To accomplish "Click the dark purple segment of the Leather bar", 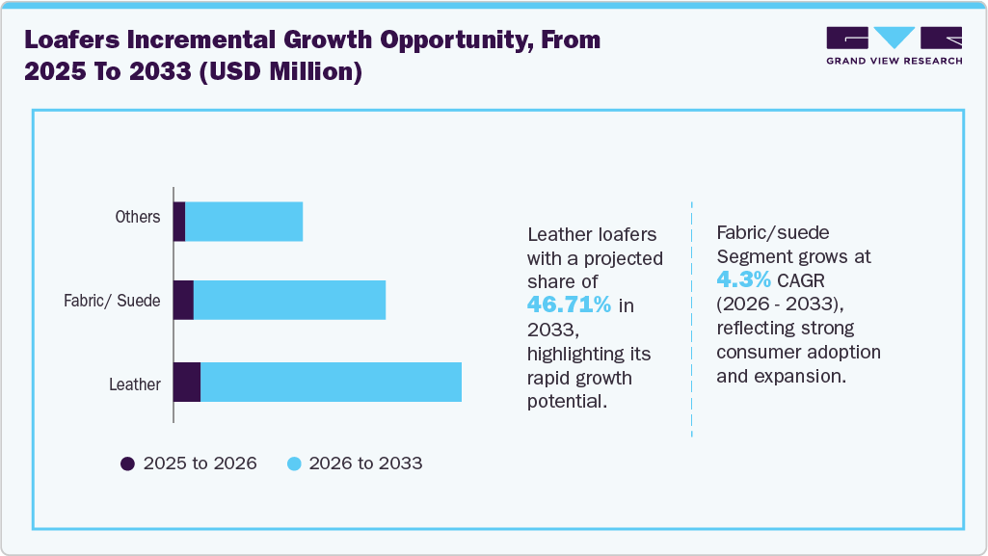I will [187, 384].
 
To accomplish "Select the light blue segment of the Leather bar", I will [331, 384].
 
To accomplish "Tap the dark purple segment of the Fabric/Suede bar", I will [183, 301].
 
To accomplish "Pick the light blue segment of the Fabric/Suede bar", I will [289, 301].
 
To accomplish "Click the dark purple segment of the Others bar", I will [179, 222].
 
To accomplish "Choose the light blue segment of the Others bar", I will [244, 222].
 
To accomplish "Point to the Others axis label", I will [138, 217].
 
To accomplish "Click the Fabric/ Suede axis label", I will [112, 301].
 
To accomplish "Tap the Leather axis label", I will [135, 384].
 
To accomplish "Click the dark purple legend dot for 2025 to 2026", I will [127, 463].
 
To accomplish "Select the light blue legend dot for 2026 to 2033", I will [295, 463].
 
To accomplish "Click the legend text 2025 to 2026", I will [200, 463].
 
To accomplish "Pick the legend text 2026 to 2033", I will [366, 463].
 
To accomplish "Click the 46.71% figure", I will [569, 304].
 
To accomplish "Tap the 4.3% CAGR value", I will [743, 279].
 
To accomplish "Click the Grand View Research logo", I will [894, 45].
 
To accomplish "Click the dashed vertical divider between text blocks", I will [692, 318].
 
